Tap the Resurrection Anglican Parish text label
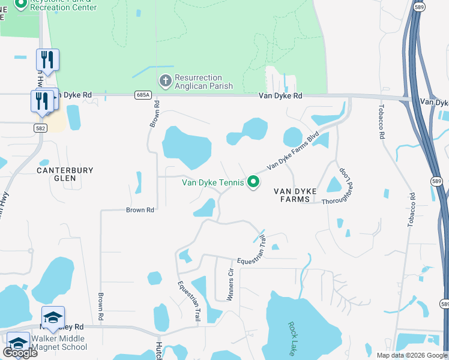coord(199,81)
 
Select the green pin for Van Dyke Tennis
coord(253,181)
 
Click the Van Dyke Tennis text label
coord(213,182)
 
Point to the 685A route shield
coord(143,95)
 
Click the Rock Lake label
coord(292,338)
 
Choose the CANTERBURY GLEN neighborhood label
coord(65,174)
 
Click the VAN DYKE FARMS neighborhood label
coord(295,195)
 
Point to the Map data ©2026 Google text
coord(411,355)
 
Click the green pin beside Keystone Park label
coord(20,4)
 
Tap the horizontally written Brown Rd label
coord(140,210)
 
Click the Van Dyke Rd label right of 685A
coord(280,95)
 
